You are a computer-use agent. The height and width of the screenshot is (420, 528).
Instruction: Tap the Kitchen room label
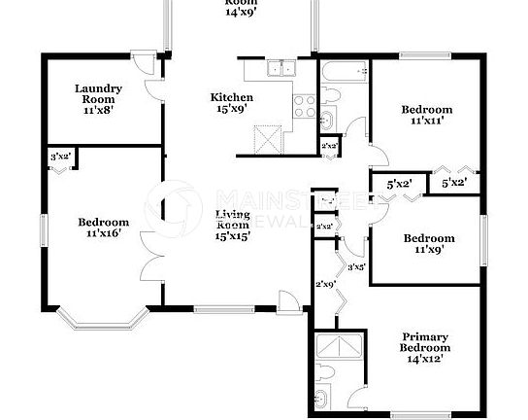[x=233, y=103]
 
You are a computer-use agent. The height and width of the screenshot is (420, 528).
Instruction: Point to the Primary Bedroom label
[x=427, y=347]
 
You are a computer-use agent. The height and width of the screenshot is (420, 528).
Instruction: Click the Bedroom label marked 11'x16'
[x=103, y=227]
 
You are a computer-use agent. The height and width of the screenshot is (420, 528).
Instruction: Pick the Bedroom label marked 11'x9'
[x=428, y=244]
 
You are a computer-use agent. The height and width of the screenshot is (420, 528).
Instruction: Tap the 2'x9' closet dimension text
[x=325, y=284]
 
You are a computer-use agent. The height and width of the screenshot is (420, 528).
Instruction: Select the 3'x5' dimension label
[x=355, y=266]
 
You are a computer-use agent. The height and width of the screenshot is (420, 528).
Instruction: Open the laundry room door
[x=148, y=79]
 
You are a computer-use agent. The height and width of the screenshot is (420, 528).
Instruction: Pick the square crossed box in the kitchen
[x=266, y=138]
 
